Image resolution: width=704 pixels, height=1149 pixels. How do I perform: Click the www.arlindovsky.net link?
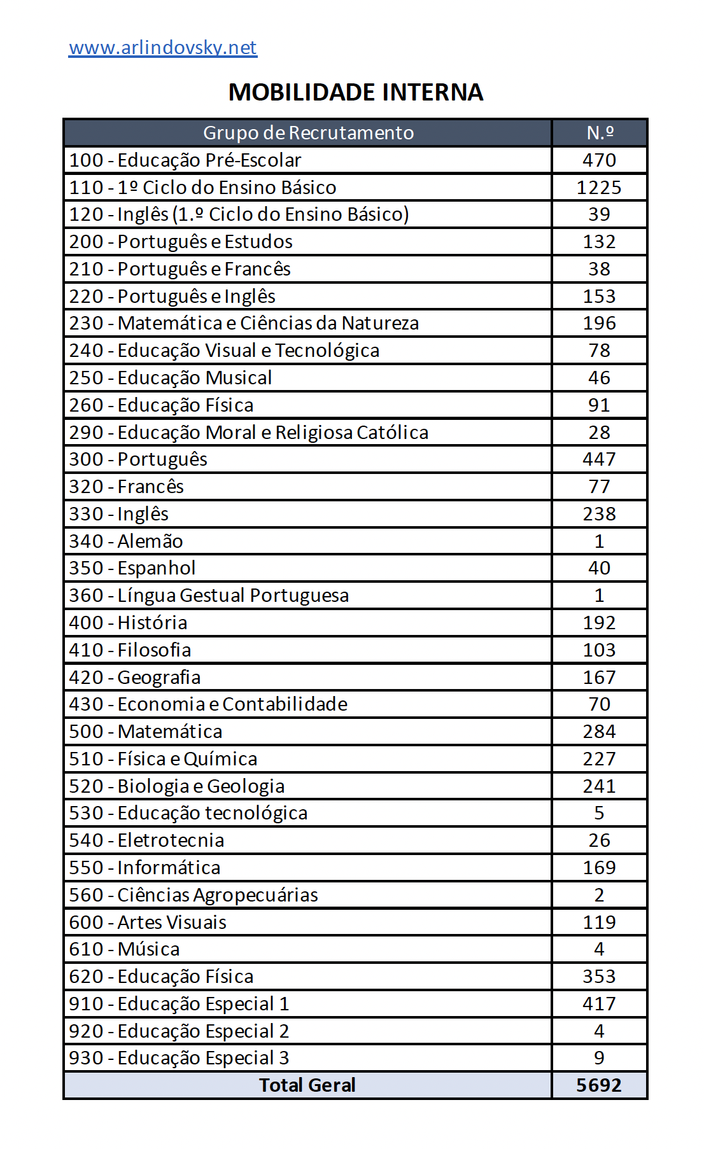click(163, 48)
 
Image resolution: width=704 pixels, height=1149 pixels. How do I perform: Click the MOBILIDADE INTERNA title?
click(356, 92)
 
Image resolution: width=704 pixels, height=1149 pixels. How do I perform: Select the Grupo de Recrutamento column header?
click(308, 132)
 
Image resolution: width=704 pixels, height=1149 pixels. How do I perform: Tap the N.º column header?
click(600, 132)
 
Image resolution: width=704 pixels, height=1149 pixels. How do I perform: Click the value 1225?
click(599, 188)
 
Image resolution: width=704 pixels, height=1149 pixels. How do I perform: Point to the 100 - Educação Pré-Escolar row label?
click(185, 160)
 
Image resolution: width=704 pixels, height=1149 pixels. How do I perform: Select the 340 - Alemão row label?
click(126, 541)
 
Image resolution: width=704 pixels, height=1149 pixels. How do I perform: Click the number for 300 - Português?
click(599, 459)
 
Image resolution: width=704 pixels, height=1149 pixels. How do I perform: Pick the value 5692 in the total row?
click(599, 1085)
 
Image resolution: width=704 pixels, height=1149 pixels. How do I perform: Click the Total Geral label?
click(307, 1085)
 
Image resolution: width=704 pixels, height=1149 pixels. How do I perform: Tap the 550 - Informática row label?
click(145, 868)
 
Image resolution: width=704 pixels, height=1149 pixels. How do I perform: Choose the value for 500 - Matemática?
click(599, 732)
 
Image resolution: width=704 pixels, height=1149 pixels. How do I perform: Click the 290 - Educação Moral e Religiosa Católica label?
click(249, 433)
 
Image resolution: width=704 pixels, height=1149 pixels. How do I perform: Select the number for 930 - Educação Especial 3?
click(599, 1057)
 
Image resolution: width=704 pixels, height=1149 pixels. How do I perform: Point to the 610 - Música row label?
click(125, 949)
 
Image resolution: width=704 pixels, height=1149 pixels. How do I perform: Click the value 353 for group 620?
click(599, 977)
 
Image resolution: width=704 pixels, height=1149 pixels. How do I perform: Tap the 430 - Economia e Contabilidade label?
click(208, 704)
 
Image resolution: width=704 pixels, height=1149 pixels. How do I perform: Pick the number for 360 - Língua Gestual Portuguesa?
click(599, 595)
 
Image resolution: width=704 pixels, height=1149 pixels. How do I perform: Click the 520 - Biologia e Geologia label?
click(177, 786)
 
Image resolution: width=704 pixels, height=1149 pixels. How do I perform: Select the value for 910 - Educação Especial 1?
click(599, 1004)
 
